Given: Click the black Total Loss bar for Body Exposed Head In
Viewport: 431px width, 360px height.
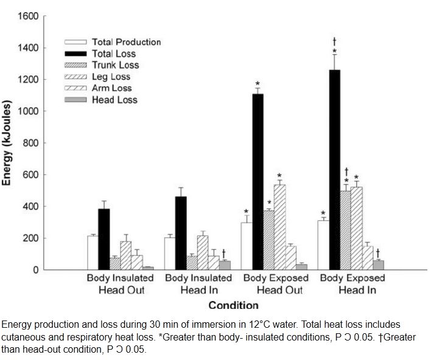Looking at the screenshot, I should point(334,170).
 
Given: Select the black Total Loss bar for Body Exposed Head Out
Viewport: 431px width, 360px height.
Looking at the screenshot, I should point(258,182).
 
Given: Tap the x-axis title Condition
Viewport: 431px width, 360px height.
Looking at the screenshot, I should point(234,305).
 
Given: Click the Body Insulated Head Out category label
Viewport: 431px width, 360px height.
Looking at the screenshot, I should point(121,284).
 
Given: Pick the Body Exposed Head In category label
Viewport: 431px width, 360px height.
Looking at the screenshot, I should point(353,284).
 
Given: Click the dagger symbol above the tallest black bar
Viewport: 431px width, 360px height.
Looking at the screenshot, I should point(334,41).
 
